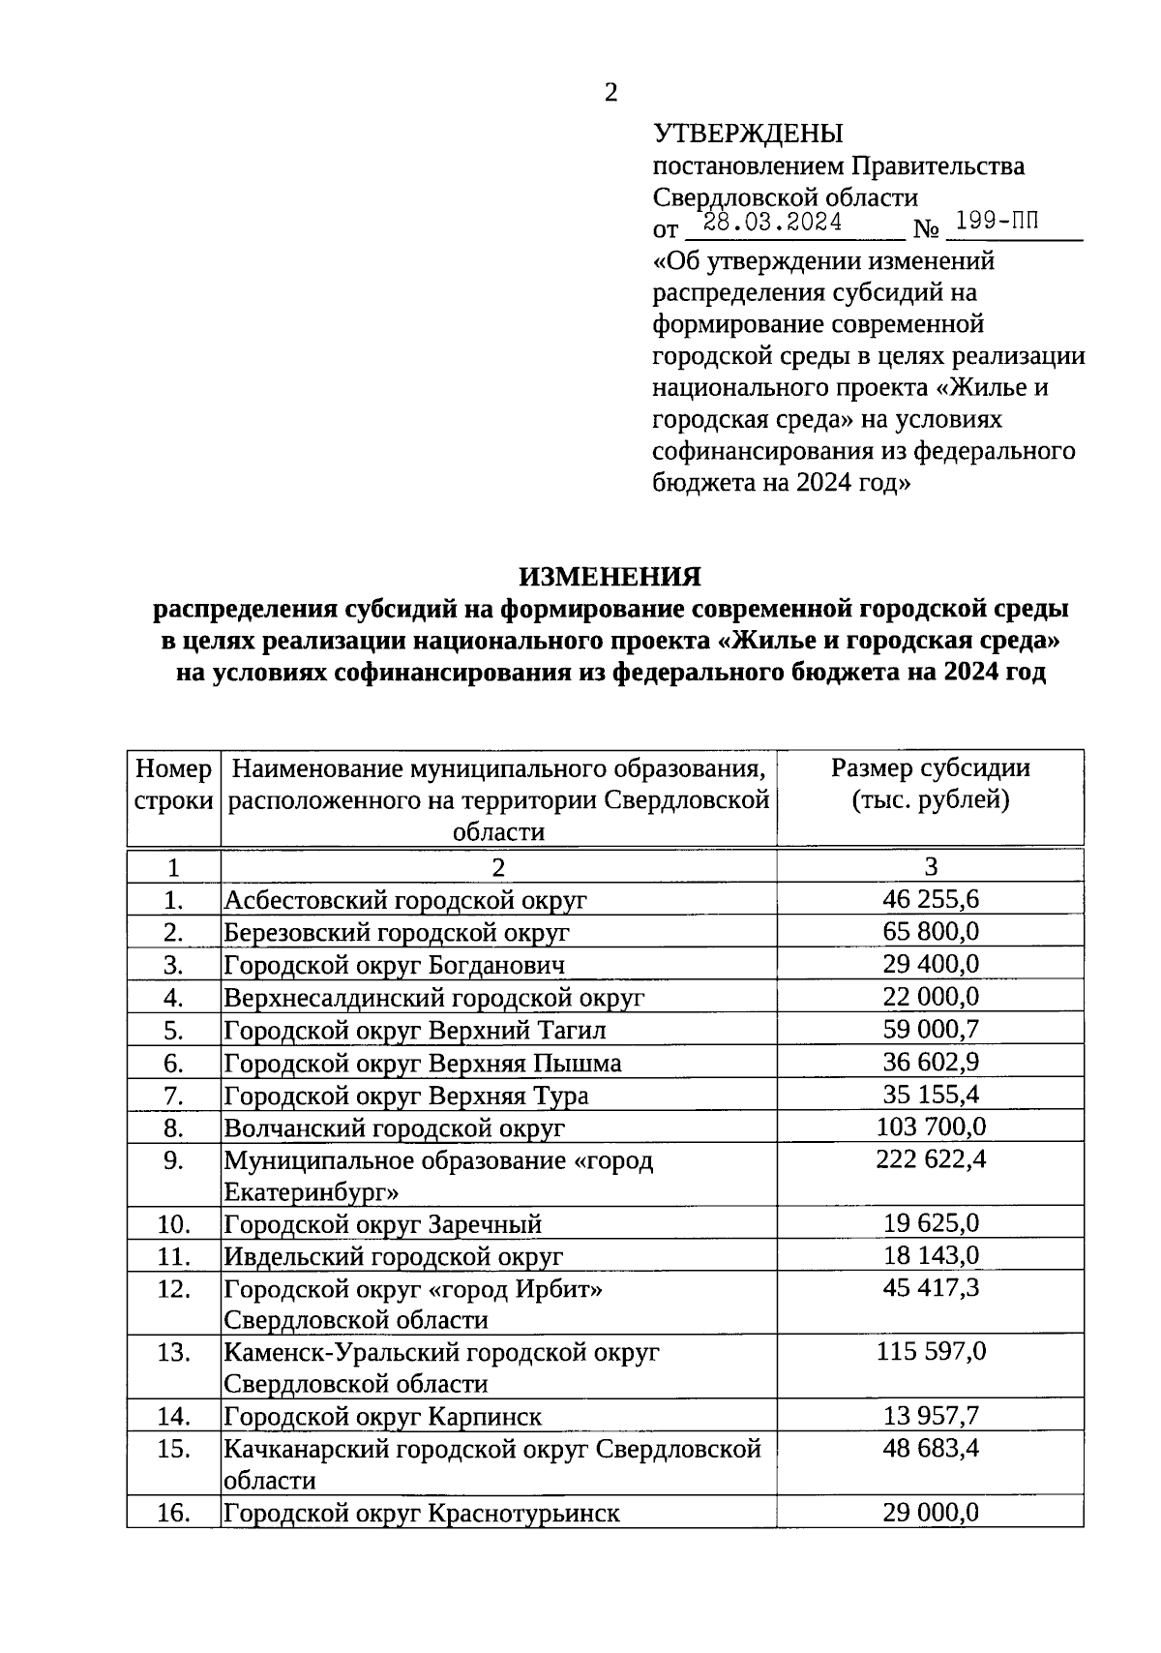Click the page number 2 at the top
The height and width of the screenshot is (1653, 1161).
(x=610, y=93)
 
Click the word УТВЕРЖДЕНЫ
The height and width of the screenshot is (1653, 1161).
(x=748, y=134)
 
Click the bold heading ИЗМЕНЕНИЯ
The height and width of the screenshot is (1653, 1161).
(x=610, y=577)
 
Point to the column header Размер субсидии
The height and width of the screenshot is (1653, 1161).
(x=931, y=768)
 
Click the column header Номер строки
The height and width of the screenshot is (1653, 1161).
(x=173, y=785)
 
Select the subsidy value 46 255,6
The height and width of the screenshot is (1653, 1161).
(x=931, y=899)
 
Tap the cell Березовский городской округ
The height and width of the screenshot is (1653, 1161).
(x=397, y=933)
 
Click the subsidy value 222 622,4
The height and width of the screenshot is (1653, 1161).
(x=931, y=1159)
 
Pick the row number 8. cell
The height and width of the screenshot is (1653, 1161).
(x=173, y=1127)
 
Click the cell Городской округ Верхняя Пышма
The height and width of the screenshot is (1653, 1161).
(x=423, y=1064)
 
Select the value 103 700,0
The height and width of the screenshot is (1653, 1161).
(x=931, y=1127)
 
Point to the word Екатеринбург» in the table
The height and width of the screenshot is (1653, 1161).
(x=312, y=1190)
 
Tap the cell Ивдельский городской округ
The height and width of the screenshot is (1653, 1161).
(x=394, y=1257)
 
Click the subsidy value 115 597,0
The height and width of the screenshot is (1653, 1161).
(x=931, y=1351)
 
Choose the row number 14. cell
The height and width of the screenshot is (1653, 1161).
(x=173, y=1417)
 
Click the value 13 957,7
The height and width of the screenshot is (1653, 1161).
(x=931, y=1417)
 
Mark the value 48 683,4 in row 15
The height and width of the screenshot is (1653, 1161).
(x=931, y=1449)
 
